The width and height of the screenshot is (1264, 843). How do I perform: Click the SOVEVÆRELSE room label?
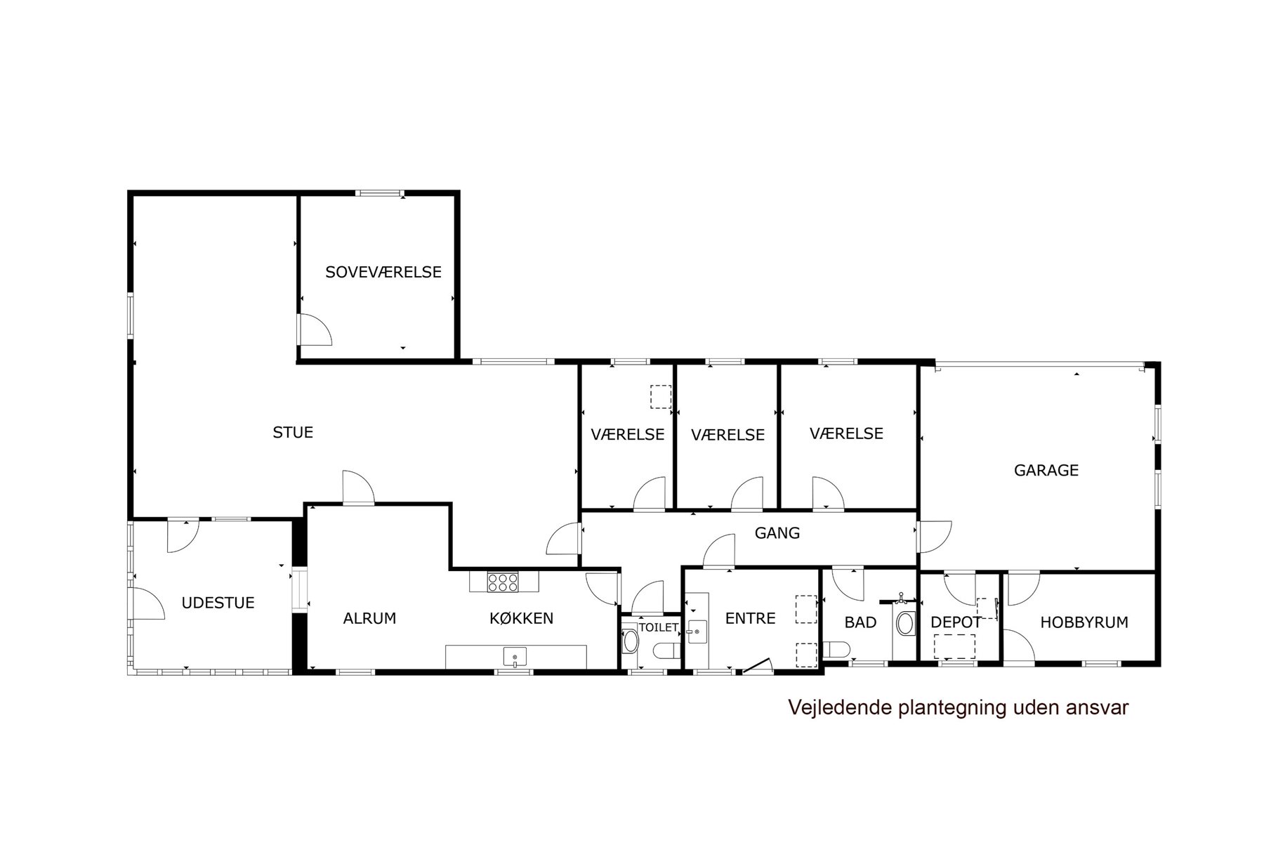[383, 272]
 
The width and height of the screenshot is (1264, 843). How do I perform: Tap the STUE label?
[293, 433]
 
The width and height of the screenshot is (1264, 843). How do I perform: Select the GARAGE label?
[1046, 471]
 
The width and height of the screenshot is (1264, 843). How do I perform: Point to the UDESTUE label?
[218, 603]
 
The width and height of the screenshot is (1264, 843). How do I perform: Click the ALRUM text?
[369, 619]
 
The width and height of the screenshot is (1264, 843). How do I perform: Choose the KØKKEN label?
[521, 619]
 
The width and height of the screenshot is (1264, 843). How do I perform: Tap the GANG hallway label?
[777, 533]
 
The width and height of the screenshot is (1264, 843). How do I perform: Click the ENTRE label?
[750, 619]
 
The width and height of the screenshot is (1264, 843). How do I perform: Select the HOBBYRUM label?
[1084, 622]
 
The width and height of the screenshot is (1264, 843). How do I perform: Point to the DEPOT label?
[956, 622]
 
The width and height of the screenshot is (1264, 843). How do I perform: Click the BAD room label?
[860, 622]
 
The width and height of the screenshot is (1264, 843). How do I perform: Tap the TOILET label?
[658, 627]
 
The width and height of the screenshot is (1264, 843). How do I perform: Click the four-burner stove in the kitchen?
[503, 582]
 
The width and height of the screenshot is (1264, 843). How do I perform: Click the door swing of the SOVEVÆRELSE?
[316, 329]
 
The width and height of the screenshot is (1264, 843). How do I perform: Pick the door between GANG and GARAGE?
[935, 537]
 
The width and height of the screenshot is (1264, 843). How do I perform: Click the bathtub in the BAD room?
[906, 623]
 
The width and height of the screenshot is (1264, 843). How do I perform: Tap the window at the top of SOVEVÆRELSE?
[379, 192]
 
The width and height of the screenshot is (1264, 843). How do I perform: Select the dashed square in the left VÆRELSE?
[660, 397]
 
